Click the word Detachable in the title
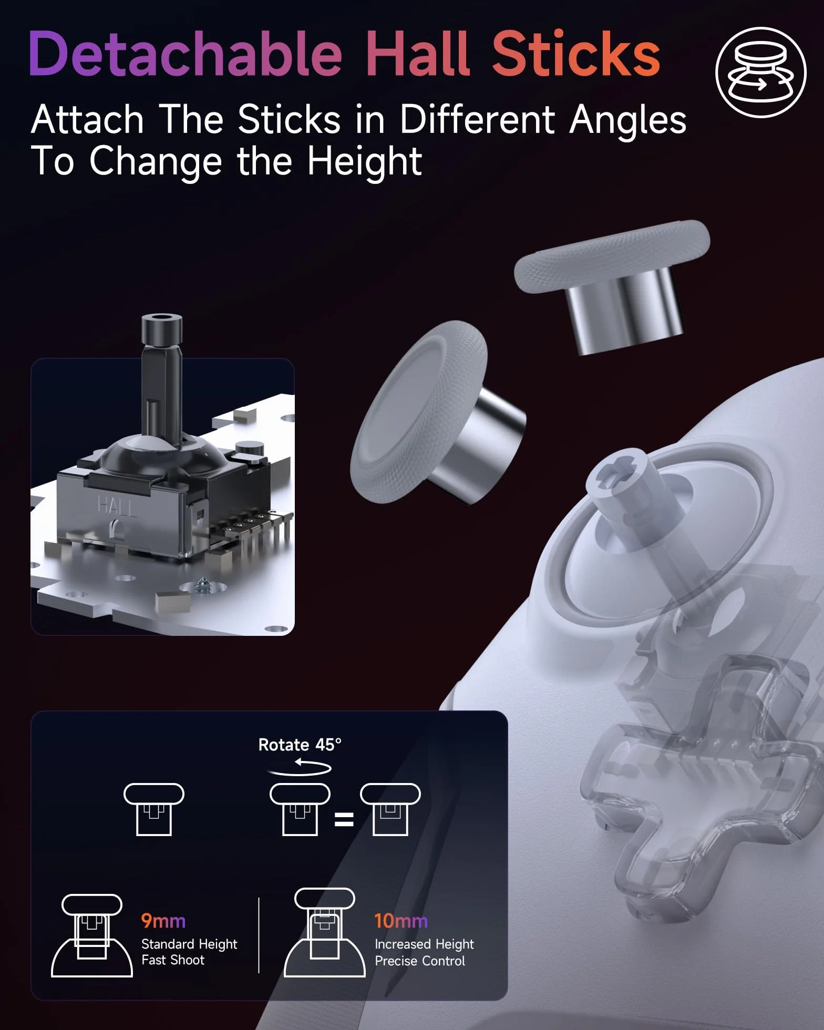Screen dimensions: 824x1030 186,54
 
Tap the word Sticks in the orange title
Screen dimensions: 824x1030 576,54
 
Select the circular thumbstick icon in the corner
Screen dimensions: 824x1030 760,72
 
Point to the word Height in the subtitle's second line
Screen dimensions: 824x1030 364,160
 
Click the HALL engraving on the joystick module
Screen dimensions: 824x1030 117,506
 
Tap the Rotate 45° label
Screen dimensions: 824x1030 300,745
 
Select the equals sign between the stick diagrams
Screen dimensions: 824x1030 344,819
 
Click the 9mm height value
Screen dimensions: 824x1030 163,921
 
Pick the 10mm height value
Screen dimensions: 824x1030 400,921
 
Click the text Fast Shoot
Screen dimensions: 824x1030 173,960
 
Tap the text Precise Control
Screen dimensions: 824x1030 420,961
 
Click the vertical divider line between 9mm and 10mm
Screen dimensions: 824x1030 259,935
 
